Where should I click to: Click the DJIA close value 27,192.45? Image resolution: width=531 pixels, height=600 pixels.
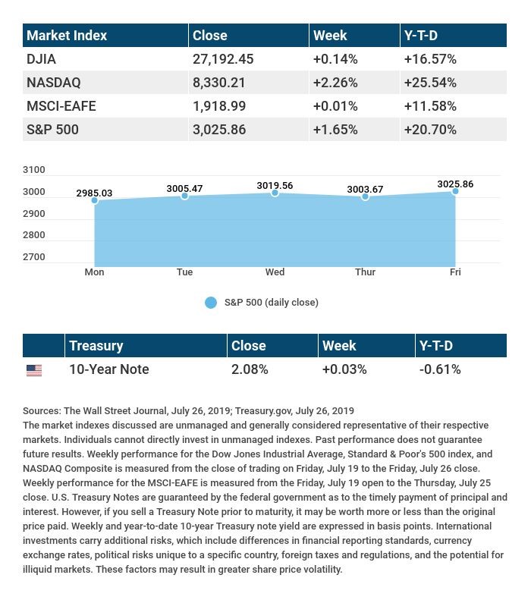click(225, 58)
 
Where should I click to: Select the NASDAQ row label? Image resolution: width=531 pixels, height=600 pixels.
click(53, 82)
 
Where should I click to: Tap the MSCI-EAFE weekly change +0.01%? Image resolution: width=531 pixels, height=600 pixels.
click(335, 105)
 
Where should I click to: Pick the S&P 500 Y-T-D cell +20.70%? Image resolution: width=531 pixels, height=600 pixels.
click(431, 129)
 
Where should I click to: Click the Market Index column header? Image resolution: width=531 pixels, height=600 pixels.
click(67, 35)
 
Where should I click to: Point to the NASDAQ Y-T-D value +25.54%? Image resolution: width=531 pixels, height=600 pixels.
click(431, 82)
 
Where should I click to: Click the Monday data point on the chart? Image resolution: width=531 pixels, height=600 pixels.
click(95, 200)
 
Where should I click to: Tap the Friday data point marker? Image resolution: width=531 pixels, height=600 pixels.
click(455, 191)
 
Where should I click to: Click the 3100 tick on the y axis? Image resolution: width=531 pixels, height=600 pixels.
click(34, 170)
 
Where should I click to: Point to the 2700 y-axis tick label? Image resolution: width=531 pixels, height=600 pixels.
click(34, 257)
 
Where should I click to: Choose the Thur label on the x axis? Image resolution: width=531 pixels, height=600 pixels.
click(365, 272)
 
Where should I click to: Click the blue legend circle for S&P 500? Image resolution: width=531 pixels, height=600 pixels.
click(211, 303)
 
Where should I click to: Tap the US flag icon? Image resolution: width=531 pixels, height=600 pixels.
click(34, 370)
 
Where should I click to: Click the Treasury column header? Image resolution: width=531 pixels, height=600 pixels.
click(96, 346)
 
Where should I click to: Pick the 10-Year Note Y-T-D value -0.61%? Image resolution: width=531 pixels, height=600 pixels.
click(440, 369)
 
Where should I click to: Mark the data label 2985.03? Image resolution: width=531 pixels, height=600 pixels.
click(94, 193)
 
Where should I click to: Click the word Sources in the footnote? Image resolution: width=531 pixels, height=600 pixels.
click(42, 411)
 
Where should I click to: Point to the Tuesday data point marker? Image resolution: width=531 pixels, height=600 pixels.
click(184, 196)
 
